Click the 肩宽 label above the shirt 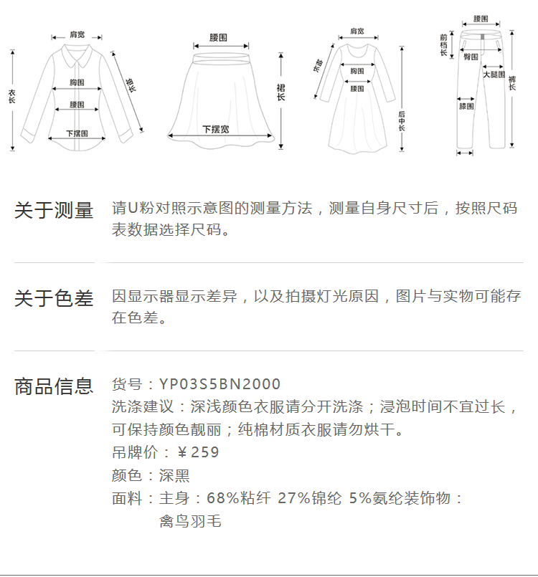point(77,34)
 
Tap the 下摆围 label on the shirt point(77,134)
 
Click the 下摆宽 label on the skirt point(215,130)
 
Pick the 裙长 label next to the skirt point(281,92)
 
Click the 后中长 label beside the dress point(402,120)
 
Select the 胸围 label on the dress point(357,71)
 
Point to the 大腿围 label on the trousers point(494,74)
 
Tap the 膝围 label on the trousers point(466,107)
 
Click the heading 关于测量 point(54,211)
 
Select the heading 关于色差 point(54,298)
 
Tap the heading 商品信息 point(54,386)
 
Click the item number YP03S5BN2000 point(220,385)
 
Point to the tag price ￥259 point(198,452)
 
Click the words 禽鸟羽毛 point(189,521)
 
